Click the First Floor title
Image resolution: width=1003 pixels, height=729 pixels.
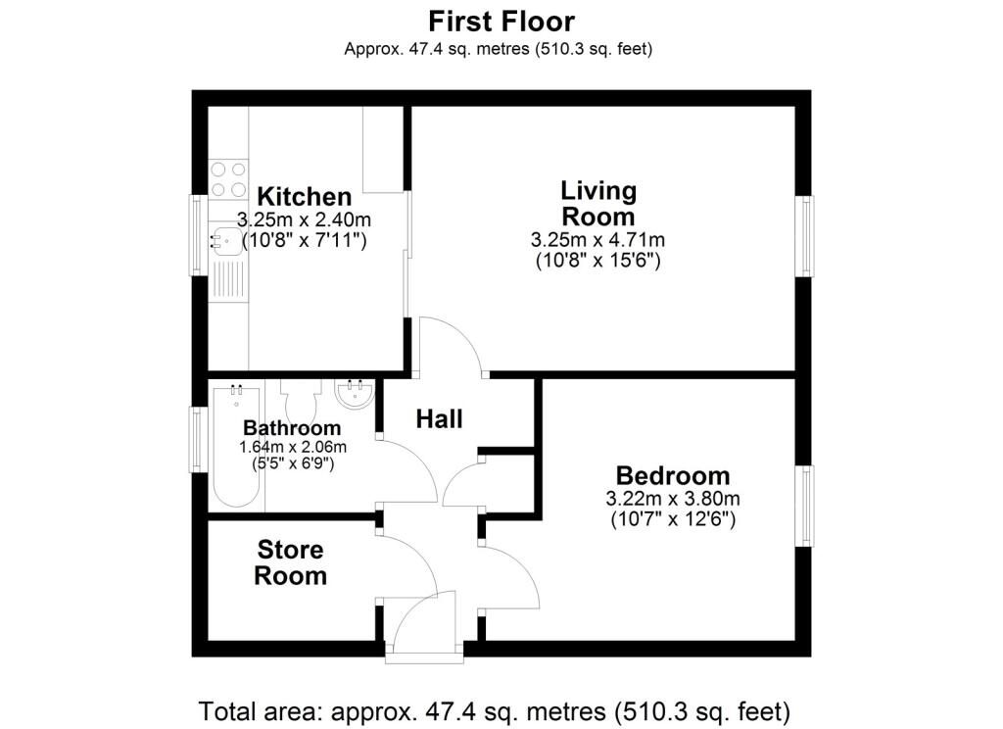point(501,22)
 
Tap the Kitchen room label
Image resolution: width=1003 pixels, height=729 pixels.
point(305,197)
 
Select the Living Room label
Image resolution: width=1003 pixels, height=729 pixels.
point(598,204)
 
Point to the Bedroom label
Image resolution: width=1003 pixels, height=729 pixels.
point(673,475)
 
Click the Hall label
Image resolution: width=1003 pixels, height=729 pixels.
point(440,419)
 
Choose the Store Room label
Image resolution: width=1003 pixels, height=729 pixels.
point(290,562)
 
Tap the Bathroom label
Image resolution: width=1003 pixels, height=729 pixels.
point(292,427)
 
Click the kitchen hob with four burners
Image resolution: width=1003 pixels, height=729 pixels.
point(228,178)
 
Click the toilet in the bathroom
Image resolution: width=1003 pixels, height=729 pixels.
point(301,400)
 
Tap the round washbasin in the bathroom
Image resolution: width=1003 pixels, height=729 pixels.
point(355,394)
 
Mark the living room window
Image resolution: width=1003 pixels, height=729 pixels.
point(805,236)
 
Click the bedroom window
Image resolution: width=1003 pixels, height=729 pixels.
point(805,506)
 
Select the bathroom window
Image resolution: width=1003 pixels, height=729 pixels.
point(198,440)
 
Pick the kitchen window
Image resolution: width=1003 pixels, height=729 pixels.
point(198,235)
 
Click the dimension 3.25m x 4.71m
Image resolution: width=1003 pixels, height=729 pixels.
point(598,240)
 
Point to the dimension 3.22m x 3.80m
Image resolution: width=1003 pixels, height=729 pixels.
point(673,498)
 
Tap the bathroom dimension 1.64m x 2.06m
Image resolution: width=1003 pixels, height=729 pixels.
point(293,447)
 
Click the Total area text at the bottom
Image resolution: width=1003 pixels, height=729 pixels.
point(495,711)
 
